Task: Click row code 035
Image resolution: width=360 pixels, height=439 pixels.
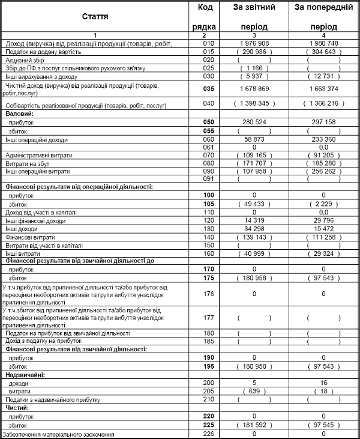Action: pyautogui.click(x=208, y=89)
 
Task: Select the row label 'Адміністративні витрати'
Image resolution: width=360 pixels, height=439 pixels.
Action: pyautogui.click(x=38, y=155)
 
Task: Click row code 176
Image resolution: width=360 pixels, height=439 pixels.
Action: pyautogui.click(x=208, y=294)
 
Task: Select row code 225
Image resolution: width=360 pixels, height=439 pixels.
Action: pyautogui.click(x=208, y=424)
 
